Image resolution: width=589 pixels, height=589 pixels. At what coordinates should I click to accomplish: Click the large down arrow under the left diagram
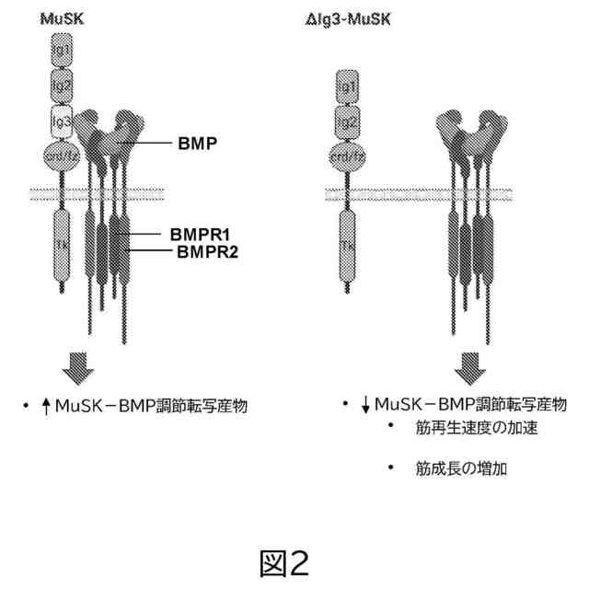[78, 369]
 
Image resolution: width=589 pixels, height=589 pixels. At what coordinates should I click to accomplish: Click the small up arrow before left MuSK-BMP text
[46, 405]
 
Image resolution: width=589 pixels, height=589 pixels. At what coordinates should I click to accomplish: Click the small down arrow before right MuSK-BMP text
[365, 405]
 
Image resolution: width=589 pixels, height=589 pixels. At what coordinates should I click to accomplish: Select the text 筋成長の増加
[460, 468]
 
